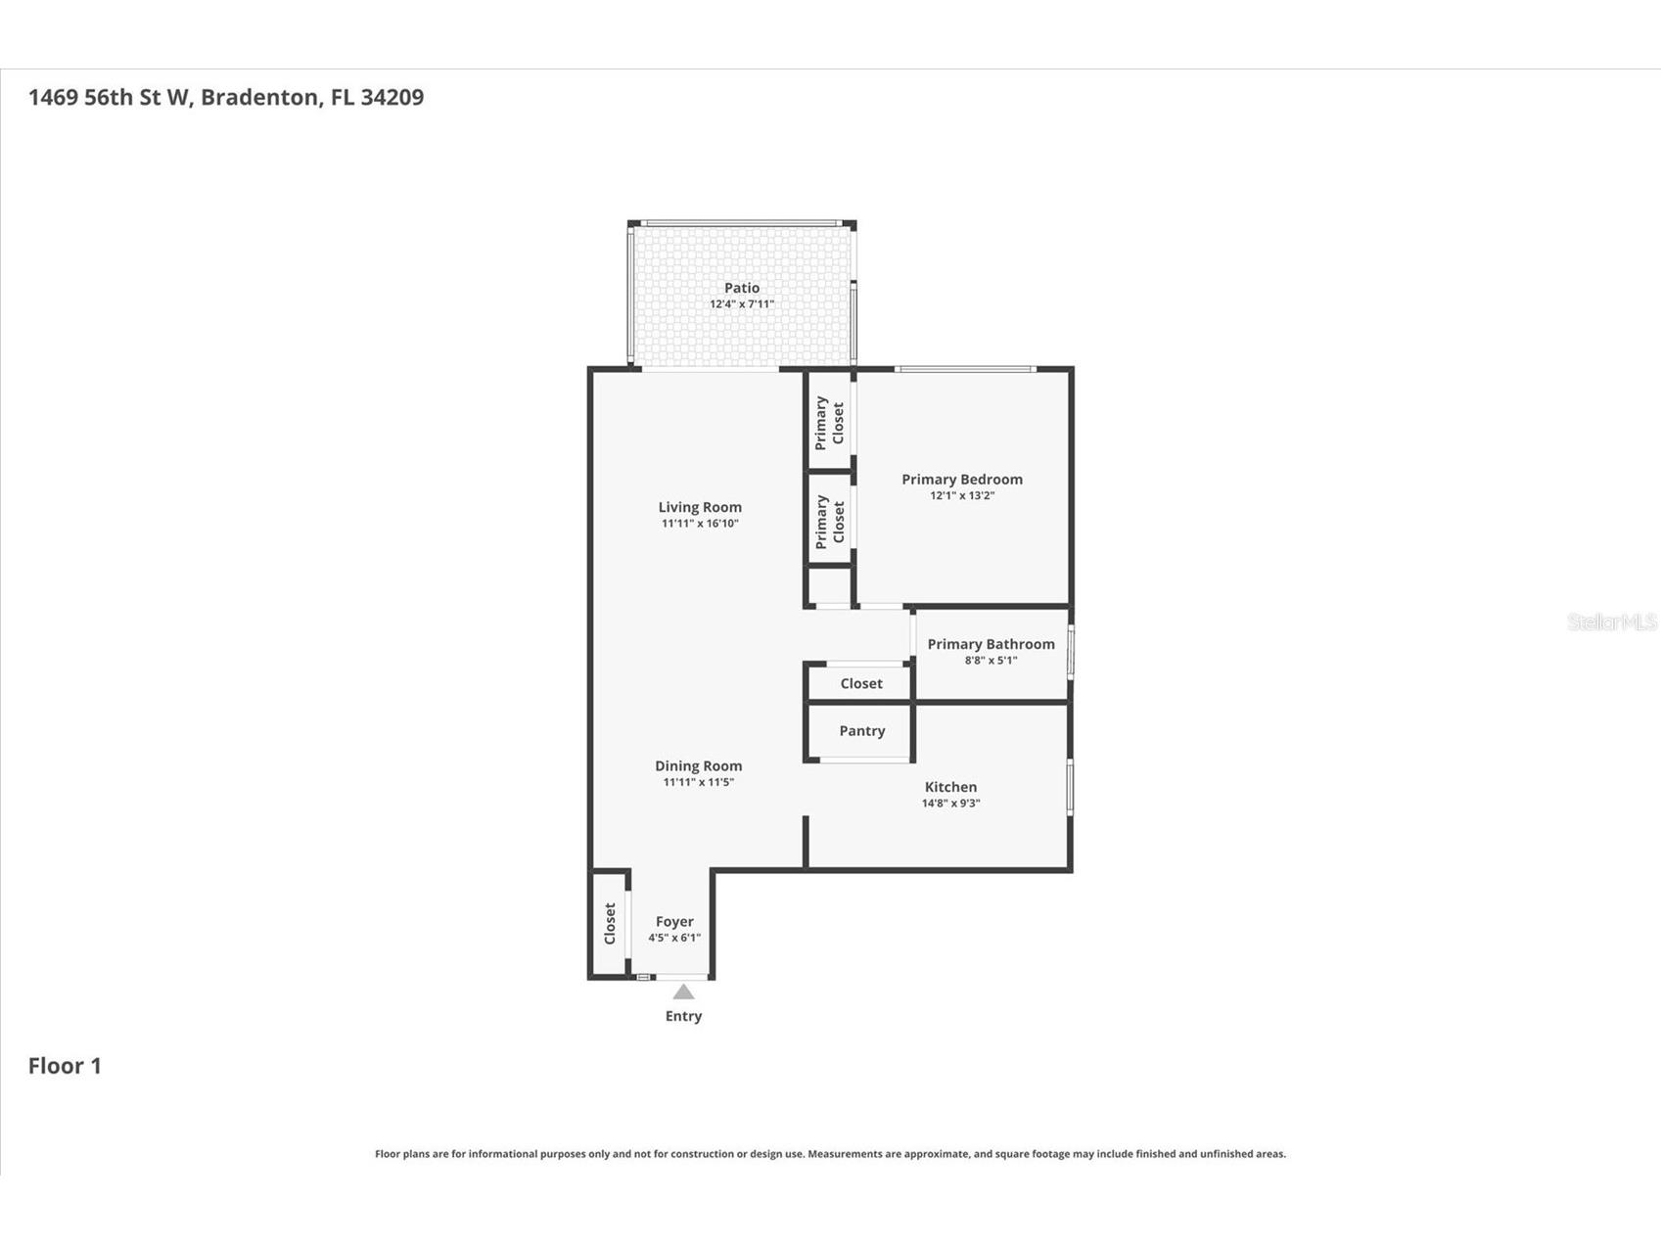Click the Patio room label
click(741, 288)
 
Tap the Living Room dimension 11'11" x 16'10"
click(699, 524)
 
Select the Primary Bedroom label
click(961, 479)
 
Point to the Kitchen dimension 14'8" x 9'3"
click(950, 804)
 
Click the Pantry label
click(861, 731)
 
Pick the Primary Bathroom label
click(991, 644)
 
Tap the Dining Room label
click(698, 766)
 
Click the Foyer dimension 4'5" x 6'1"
click(673, 938)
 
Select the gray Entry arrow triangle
click(683, 992)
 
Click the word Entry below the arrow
click(683, 1016)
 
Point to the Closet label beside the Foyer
click(610, 923)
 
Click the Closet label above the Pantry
click(861, 684)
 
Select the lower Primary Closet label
click(829, 521)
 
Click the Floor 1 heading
click(65, 1066)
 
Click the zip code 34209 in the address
click(392, 97)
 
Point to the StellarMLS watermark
click(1611, 622)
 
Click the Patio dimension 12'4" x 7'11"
click(741, 304)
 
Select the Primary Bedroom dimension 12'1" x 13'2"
click(961, 495)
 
